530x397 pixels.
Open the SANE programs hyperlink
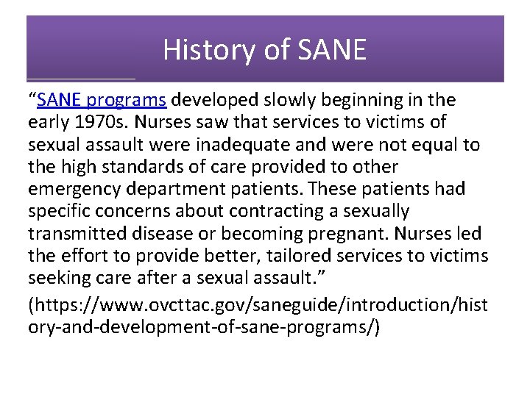click(102, 100)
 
